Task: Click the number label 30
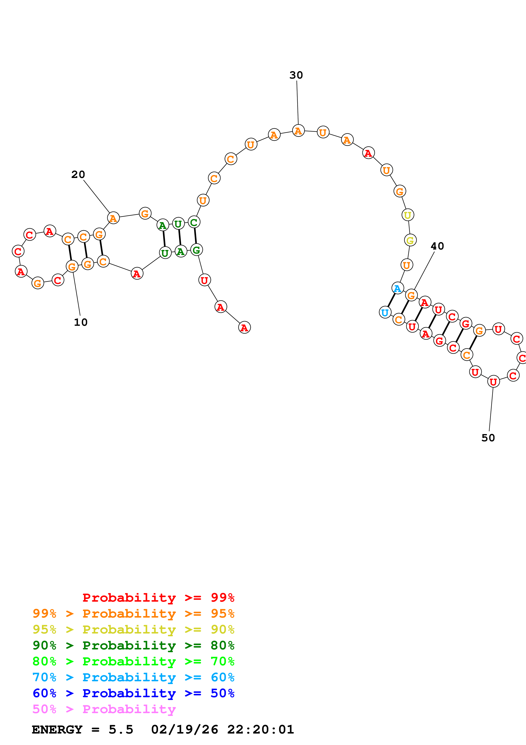click(x=296, y=75)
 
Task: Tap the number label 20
click(x=78, y=175)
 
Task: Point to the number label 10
click(x=81, y=322)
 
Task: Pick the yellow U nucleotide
click(x=408, y=215)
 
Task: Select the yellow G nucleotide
click(x=410, y=240)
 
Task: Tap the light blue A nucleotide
click(x=398, y=288)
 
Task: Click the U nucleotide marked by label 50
click(x=493, y=382)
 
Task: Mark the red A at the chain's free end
click(x=244, y=327)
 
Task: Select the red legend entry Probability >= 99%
click(x=158, y=598)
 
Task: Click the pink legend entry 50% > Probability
click(x=104, y=709)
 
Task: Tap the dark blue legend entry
click(x=133, y=693)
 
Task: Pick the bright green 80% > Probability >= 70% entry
click(x=133, y=661)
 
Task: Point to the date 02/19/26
click(x=184, y=729)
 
